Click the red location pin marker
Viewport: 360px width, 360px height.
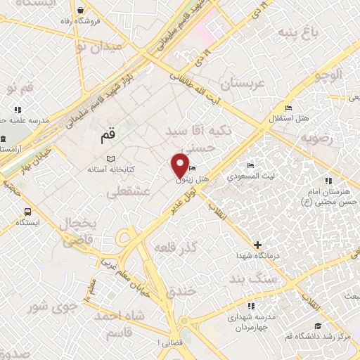pos(180,166)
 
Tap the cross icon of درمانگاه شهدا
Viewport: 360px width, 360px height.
pos(257,245)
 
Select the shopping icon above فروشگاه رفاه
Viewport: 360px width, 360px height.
pos(83,11)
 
